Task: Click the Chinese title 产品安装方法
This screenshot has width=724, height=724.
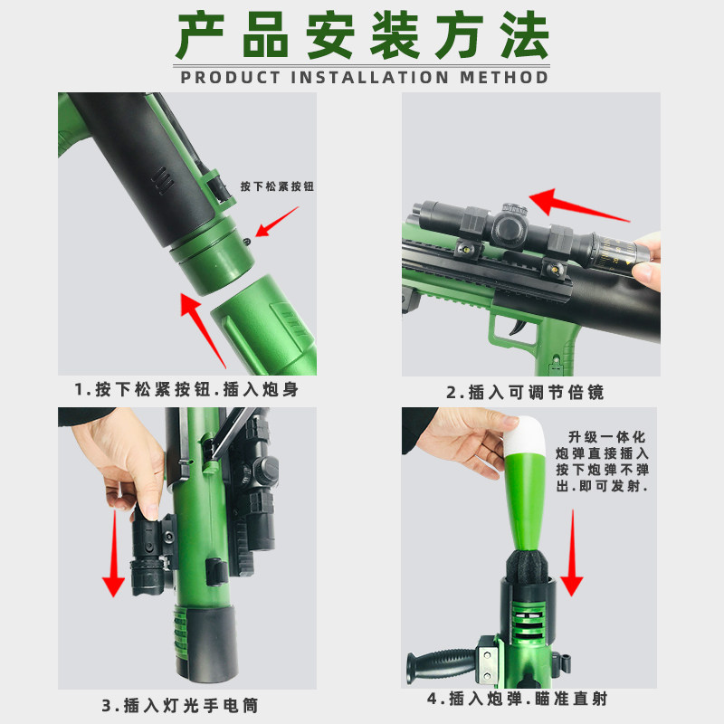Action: [x=362, y=38]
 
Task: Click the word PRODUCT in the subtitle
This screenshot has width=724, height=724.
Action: [x=231, y=77]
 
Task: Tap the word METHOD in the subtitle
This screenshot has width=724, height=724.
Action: [x=504, y=77]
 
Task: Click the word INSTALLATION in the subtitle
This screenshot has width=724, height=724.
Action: [x=371, y=77]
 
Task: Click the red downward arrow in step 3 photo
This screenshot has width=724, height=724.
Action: [x=112, y=552]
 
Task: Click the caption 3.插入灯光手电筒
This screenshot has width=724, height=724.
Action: [x=186, y=704]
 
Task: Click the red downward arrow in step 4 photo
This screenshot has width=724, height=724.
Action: [x=572, y=552]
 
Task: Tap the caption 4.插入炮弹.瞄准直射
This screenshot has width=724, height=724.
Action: [x=529, y=700]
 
